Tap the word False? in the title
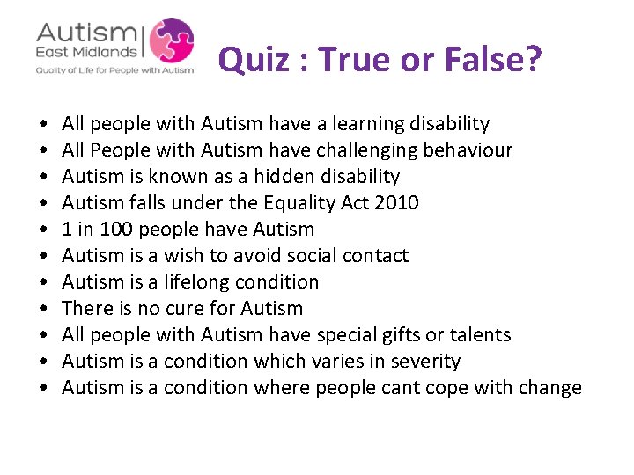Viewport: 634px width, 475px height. point(495,60)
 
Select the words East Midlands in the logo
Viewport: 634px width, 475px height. point(86,54)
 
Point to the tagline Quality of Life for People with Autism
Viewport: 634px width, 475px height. point(114,70)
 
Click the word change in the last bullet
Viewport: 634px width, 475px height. point(549,388)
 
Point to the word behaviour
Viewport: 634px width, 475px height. point(474,150)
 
